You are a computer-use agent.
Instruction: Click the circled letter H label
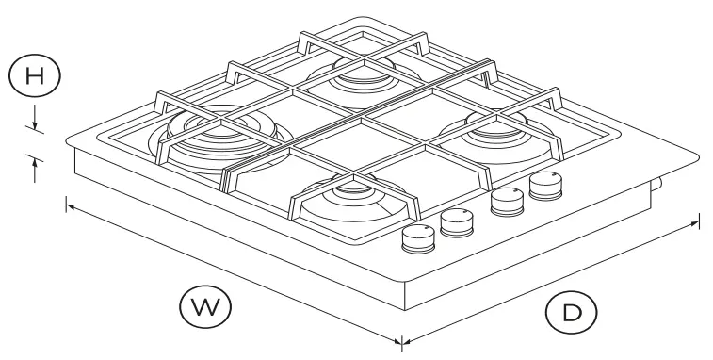[x=32, y=76]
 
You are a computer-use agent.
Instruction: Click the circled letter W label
[x=206, y=305]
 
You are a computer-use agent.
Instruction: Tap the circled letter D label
[x=570, y=311]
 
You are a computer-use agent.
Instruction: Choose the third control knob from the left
[x=508, y=202]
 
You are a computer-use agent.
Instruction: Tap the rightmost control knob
[x=543, y=184]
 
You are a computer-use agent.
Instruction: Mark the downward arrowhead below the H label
[x=34, y=126]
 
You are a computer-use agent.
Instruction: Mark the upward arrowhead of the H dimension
[x=34, y=162]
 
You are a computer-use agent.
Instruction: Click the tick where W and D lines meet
[x=402, y=339]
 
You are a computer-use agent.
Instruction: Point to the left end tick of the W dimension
[x=66, y=202]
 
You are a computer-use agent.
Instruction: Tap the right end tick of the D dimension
[x=698, y=222]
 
